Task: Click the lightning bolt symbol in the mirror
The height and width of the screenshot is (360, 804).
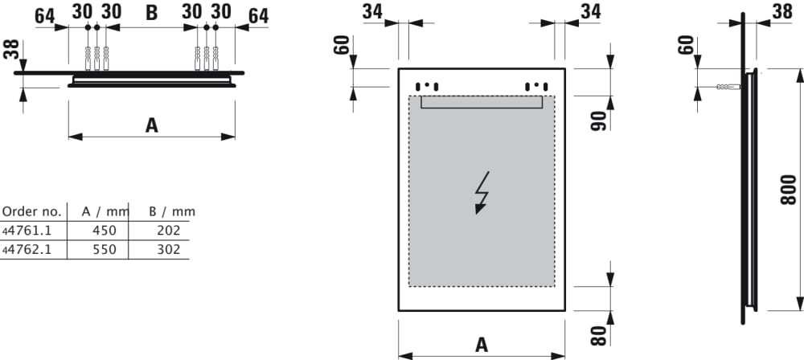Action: pyautogui.click(x=482, y=193)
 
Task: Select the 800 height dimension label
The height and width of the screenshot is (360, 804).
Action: pyautogui.click(x=789, y=190)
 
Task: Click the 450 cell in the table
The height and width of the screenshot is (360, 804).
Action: pyautogui.click(x=104, y=231)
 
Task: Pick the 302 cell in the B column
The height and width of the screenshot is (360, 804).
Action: pyautogui.click(x=169, y=250)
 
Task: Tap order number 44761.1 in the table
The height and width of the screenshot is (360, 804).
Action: pyautogui.click(x=27, y=231)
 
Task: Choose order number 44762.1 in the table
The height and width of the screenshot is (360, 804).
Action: pyautogui.click(x=27, y=250)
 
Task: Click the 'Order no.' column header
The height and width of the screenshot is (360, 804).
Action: pyautogui.click(x=32, y=211)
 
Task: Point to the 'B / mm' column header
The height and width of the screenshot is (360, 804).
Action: pyautogui.click(x=172, y=211)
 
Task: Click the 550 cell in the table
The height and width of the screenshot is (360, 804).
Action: pyautogui.click(x=104, y=250)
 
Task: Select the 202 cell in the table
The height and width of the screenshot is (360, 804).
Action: pyautogui.click(x=169, y=231)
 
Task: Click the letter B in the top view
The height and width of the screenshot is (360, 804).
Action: pyautogui.click(x=151, y=13)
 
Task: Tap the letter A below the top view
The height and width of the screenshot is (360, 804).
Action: pyautogui.click(x=151, y=125)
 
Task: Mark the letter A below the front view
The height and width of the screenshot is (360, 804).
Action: pyautogui.click(x=482, y=345)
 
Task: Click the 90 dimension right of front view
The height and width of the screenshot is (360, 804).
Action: pyautogui.click(x=598, y=121)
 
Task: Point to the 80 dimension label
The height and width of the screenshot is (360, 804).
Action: pyautogui.click(x=598, y=335)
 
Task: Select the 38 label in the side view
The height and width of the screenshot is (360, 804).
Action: pyautogui.click(x=782, y=12)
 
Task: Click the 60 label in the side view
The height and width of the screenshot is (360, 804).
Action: pyautogui.click(x=686, y=45)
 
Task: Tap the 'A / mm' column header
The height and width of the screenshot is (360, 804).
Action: pyautogui.click(x=105, y=211)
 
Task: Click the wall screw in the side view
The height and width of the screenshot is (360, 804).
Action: pyautogui.click(x=728, y=87)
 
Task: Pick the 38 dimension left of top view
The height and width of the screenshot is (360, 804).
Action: pyautogui.click(x=11, y=50)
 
